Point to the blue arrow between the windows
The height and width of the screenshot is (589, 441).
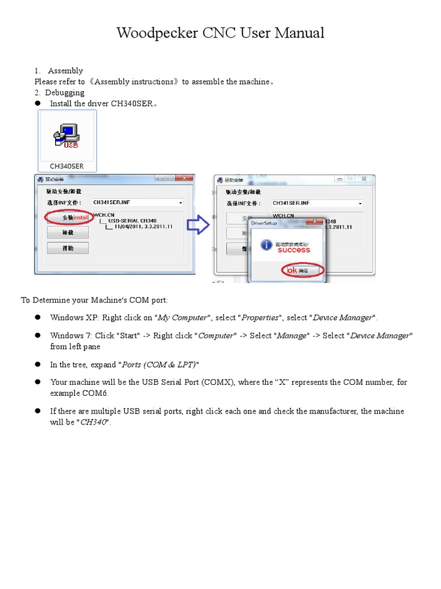click(199, 224)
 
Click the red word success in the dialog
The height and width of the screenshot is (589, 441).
click(293, 250)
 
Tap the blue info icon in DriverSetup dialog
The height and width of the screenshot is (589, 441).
click(266, 245)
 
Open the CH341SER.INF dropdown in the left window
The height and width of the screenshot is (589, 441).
click(180, 203)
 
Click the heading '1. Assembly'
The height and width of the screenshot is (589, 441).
click(59, 71)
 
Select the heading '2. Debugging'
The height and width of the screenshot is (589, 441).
click(60, 93)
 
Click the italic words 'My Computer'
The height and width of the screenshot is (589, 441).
click(181, 318)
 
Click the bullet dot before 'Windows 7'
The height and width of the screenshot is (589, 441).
click(38, 335)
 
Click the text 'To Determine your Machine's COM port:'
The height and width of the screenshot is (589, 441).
click(95, 300)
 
